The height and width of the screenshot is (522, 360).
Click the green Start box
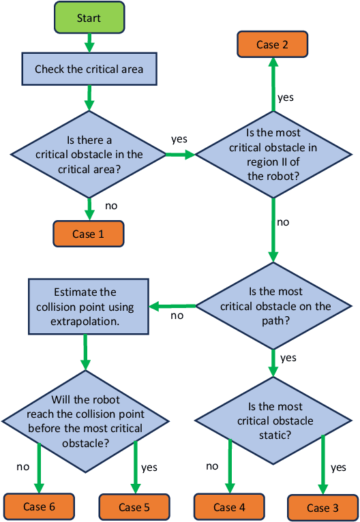coord(89,18)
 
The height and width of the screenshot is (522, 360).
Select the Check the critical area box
coord(89,70)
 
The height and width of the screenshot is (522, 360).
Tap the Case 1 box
coord(89,234)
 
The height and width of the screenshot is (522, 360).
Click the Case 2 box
coord(272,45)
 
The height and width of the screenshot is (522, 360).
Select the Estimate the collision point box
coord(88,307)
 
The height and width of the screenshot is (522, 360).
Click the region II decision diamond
coord(273,155)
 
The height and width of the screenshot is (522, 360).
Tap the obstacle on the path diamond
coord(274,307)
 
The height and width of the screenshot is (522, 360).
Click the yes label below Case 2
coord(286,97)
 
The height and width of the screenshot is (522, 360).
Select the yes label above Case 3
coord(338,468)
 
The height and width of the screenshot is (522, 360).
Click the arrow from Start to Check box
coord(89,44)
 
